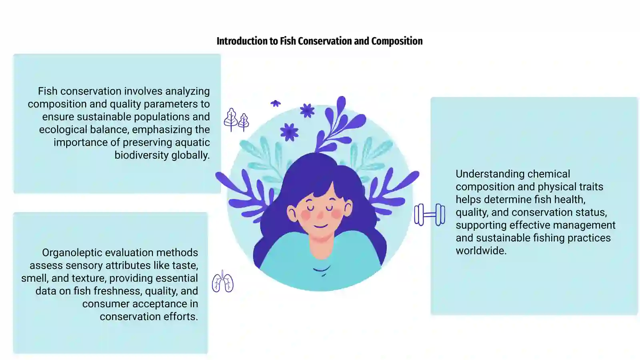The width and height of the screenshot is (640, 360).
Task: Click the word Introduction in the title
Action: [x=242, y=41]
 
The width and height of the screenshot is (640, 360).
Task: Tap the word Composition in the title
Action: [x=397, y=42]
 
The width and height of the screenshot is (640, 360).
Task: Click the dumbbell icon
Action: [x=430, y=215]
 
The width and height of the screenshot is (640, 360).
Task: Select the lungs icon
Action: [x=222, y=282]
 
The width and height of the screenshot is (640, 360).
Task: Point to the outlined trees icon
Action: [x=236, y=120]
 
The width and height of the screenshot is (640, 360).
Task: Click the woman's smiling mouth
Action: [x=320, y=227]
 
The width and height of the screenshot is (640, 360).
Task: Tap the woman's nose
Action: [x=320, y=214]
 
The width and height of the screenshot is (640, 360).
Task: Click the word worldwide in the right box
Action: [x=481, y=250]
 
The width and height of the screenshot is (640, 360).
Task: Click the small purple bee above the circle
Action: [x=276, y=103]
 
